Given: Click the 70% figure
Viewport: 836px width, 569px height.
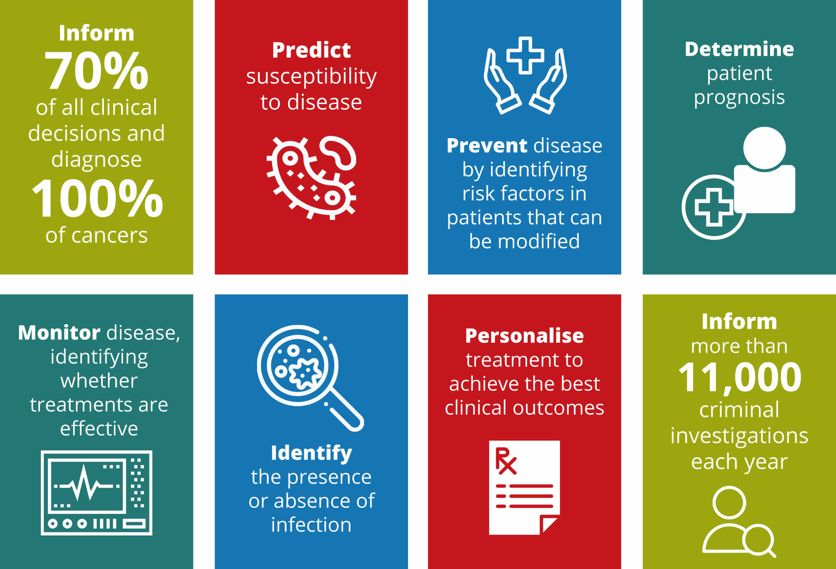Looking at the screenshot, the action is [96, 71].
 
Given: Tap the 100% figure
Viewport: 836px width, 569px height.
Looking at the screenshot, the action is [97, 198].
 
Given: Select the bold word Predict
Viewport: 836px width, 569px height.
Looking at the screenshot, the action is [311, 50].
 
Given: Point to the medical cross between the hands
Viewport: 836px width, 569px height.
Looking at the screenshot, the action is [525, 56].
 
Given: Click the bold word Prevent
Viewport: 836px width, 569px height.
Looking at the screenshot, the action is [487, 145].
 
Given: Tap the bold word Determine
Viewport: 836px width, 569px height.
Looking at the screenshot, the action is [739, 49].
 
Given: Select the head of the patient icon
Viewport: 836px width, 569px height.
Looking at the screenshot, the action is [764, 148].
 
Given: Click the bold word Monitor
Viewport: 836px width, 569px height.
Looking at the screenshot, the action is [59, 333].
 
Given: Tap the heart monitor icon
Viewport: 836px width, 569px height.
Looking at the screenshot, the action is [96, 493].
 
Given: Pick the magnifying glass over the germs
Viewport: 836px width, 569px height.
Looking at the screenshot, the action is [310, 377].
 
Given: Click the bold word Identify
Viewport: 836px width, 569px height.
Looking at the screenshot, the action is [311, 453].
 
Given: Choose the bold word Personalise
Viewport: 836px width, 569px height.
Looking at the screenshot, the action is [524, 336].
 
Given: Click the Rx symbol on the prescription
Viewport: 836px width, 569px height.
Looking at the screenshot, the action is [506, 461].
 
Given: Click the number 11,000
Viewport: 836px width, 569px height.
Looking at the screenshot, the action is [739, 377].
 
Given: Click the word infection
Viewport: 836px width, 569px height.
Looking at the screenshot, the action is [311, 525].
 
